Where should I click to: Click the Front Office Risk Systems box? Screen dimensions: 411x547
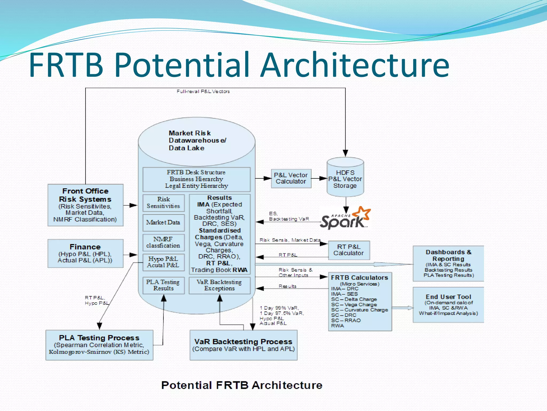[x=85, y=205]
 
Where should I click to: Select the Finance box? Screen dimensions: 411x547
[x=85, y=253]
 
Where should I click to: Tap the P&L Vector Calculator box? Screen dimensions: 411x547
[x=291, y=178]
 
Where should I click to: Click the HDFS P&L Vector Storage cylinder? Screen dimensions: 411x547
[x=345, y=179]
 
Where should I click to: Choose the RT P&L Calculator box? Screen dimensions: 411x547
[x=349, y=250]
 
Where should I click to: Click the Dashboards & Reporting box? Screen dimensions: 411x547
[x=448, y=263]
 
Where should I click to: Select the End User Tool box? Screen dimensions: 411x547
[x=448, y=305]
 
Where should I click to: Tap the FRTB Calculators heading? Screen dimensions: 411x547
[x=360, y=277]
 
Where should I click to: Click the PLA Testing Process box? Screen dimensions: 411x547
[x=99, y=345]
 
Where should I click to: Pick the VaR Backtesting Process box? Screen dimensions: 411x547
[x=243, y=345]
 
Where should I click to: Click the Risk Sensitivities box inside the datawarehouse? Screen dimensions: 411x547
[x=163, y=203]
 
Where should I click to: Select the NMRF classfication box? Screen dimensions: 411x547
[x=163, y=242]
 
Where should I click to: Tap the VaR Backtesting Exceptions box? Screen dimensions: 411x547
[x=219, y=285]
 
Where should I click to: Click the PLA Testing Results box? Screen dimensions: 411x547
[x=163, y=285]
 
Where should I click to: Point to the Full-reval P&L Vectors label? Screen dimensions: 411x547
[x=203, y=92]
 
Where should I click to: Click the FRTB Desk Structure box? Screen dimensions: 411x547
[x=196, y=179]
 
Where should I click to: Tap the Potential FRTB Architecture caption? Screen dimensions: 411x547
[x=242, y=385]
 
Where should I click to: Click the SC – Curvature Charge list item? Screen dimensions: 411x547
[x=360, y=310]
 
